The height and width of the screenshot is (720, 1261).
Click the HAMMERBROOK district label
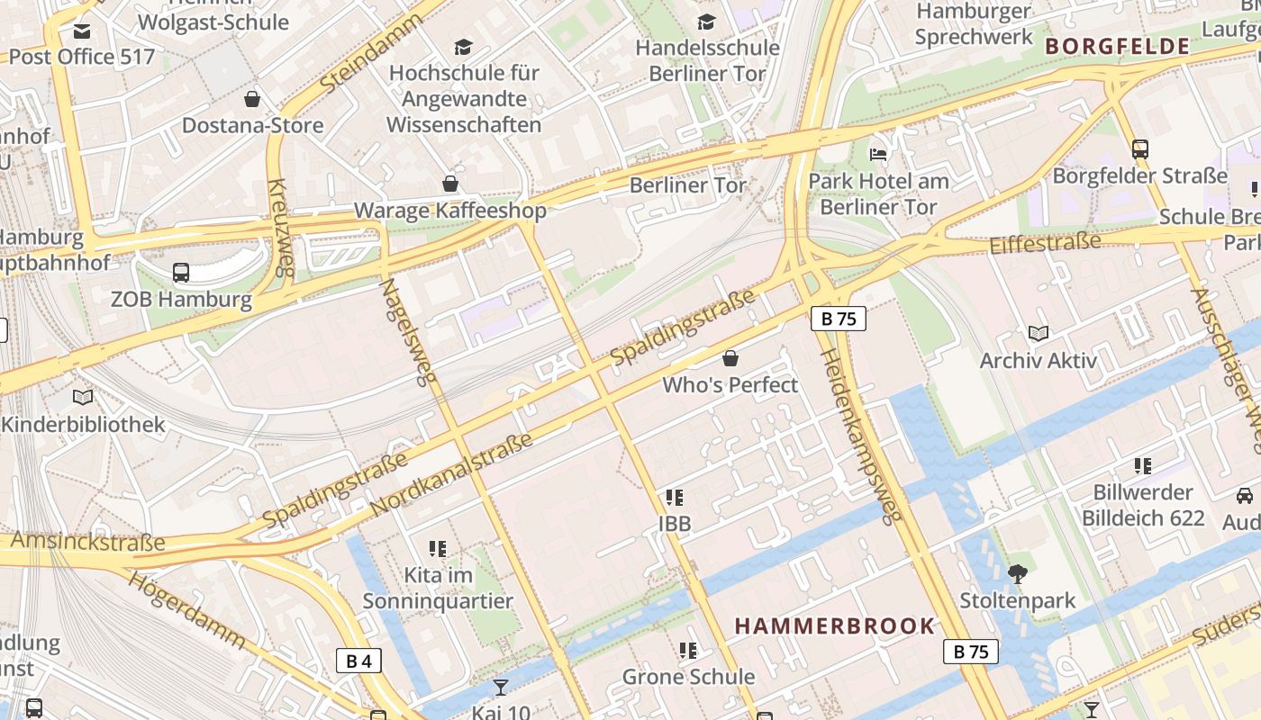pyautogui.click(x=835, y=626)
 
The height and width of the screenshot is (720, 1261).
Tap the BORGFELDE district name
pyautogui.click(x=1117, y=47)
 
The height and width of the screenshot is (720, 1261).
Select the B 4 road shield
pyautogui.click(x=358, y=661)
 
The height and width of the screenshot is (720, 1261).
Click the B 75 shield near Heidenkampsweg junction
pyautogui.click(x=838, y=319)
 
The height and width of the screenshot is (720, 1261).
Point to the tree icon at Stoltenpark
pyautogui.click(x=1018, y=573)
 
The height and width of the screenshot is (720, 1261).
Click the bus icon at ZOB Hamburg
pyautogui.click(x=181, y=272)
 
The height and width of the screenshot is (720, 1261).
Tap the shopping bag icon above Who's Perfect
pyautogui.click(x=730, y=358)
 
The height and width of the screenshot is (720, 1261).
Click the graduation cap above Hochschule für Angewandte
pyautogui.click(x=463, y=47)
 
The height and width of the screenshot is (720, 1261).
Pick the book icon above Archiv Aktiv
pyautogui.click(x=1039, y=334)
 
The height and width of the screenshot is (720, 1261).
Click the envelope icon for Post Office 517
pyautogui.click(x=82, y=31)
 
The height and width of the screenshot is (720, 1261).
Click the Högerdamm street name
pyautogui.click(x=187, y=609)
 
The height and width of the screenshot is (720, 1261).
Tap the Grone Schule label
pyautogui.click(x=689, y=677)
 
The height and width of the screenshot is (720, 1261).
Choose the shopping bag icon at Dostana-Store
pyautogui.click(x=252, y=99)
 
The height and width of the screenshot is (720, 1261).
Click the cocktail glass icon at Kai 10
pyautogui.click(x=501, y=688)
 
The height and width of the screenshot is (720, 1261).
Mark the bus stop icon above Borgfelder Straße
pyautogui.click(x=1140, y=149)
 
